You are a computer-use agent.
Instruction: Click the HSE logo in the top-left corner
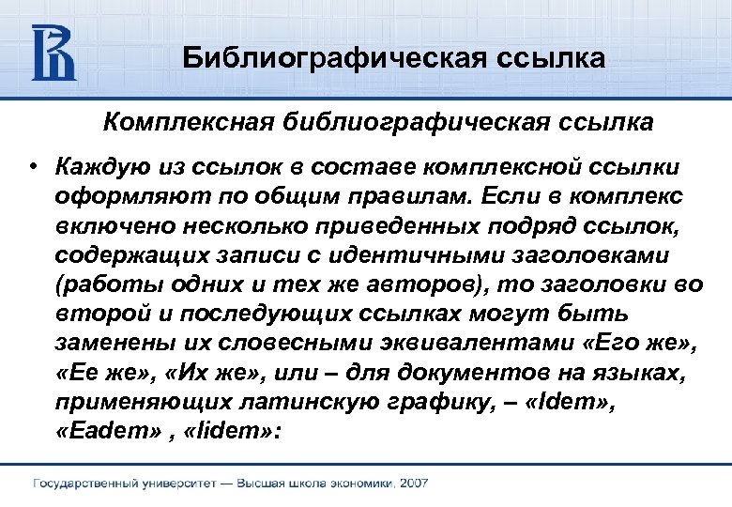53,53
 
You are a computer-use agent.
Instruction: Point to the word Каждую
94,166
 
